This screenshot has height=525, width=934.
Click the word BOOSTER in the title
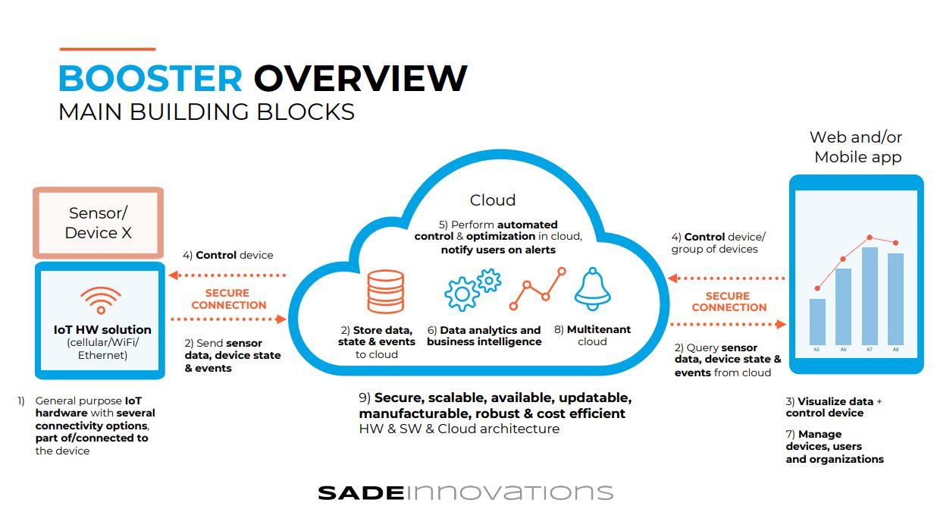coord(150,78)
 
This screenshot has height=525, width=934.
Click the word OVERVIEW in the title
coord(361,78)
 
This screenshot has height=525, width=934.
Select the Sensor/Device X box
coord(99,223)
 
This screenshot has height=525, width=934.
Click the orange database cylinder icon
coord(386,291)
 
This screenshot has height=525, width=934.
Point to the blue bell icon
coord(593,289)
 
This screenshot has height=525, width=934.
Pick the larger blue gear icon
coord(462,294)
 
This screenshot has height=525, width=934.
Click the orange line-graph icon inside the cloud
coord(538,289)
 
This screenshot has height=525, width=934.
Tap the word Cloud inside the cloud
coord(493,200)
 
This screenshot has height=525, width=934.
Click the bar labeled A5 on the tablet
coord(817,322)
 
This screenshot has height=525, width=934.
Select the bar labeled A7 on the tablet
coord(870,296)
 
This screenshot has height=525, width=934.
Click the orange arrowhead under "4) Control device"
coord(174,275)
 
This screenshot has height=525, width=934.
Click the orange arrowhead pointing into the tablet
coord(781,324)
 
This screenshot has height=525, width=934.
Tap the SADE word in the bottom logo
coord(361,493)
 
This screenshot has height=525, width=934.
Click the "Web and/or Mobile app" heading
coord(857,147)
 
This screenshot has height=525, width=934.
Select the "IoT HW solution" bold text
coord(102,330)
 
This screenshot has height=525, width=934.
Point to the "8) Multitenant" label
coord(593,329)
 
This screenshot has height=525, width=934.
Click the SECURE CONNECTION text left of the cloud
coord(228,299)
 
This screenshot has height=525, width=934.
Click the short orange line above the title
coord(108,49)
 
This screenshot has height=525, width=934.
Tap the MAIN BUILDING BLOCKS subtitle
coord(206,112)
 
